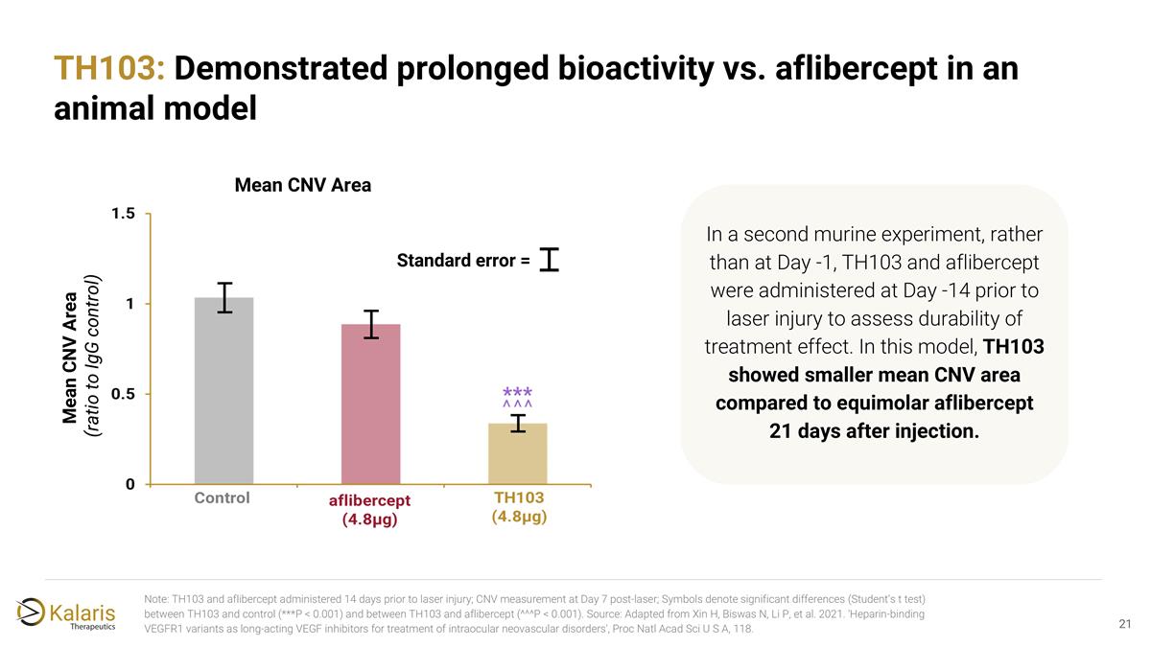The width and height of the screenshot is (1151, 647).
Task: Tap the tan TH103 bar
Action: point(518,453)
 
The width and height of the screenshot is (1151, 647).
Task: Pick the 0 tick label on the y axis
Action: point(129,484)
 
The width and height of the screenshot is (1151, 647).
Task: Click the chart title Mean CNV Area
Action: point(302,185)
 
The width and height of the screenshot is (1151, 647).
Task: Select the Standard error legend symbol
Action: point(550,259)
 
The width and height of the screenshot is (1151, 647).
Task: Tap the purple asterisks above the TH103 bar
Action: point(518,394)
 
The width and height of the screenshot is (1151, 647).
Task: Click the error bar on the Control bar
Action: point(223,297)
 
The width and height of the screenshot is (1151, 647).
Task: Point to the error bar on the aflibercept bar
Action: point(370,324)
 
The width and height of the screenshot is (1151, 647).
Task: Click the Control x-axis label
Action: point(223,498)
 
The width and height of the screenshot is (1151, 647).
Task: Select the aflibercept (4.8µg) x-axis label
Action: point(370,510)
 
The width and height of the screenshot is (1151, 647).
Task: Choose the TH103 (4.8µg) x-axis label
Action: point(519,507)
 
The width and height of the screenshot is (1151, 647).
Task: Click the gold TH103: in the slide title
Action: point(110,70)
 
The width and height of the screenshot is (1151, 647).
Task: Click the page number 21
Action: point(1126,625)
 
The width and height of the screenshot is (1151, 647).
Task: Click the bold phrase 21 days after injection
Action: point(874,431)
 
